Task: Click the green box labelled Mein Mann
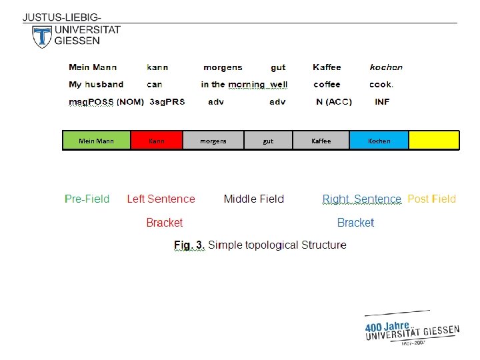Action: click(96, 140)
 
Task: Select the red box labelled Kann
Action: click(157, 140)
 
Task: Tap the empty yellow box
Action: click(433, 140)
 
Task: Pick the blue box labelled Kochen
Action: click(379, 140)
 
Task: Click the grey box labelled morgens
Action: click(213, 140)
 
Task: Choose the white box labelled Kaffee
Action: click(321, 140)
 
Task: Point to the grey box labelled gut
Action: click(268, 140)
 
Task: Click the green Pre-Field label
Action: click(87, 199)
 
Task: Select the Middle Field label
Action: click(253, 199)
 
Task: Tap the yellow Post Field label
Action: click(431, 199)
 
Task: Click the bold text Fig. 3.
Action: click(189, 245)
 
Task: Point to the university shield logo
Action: click(41, 37)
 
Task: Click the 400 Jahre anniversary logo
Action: click(411, 328)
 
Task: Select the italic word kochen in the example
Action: click(386, 67)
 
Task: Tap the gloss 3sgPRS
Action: click(167, 102)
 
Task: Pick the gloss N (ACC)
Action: click(333, 102)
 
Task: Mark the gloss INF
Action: click(382, 102)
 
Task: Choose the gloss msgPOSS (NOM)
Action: click(106, 102)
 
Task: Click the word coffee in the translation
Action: click(327, 85)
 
